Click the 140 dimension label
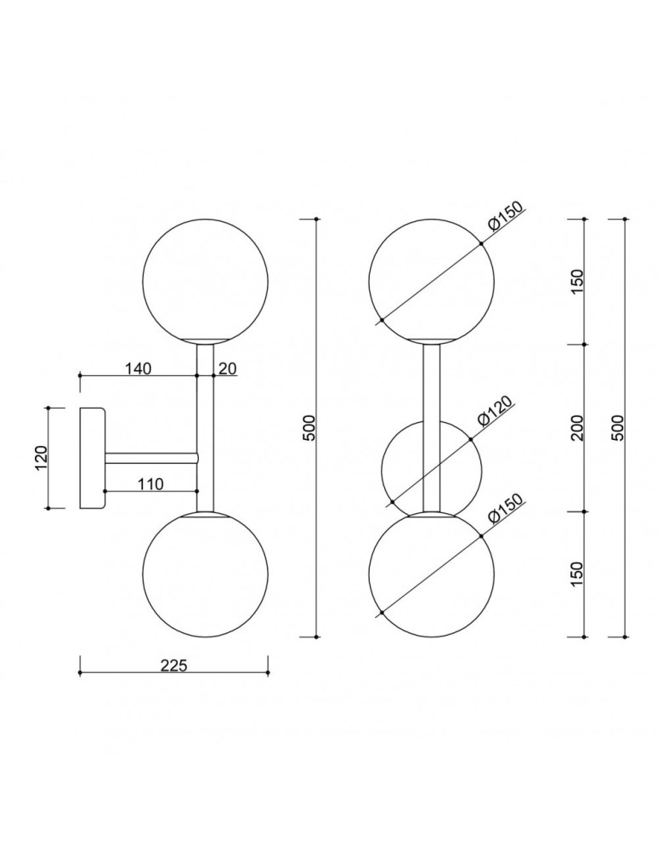tap(138, 368)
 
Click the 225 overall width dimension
tap(173, 665)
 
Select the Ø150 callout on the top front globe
tap(504, 220)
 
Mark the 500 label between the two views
tap(309, 428)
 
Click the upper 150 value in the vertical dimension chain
tap(577, 282)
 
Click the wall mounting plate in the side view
tap(91, 458)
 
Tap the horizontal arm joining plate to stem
tap(150, 458)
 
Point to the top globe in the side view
tap(205, 281)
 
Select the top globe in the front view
tap(431, 281)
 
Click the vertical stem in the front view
tap(431, 383)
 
